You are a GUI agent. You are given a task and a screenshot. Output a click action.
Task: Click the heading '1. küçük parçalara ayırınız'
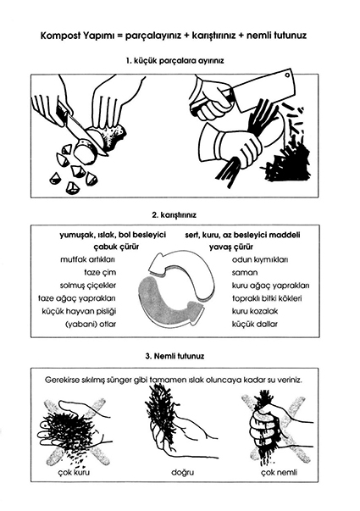[x=175, y=61]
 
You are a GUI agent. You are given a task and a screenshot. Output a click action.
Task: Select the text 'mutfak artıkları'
[x=87, y=259]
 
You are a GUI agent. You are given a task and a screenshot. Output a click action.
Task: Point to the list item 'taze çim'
[x=100, y=272]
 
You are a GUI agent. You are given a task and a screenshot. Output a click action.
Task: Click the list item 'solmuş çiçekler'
[x=88, y=286]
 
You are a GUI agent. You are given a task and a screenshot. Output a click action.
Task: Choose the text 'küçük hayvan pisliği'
[x=79, y=311]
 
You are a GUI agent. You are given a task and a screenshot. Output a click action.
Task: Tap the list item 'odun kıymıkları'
[x=260, y=259]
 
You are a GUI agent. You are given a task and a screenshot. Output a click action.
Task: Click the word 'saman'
[x=245, y=272]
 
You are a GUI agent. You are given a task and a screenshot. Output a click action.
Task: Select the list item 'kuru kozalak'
[x=255, y=311]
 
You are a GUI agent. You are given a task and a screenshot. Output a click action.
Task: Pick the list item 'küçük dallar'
[x=254, y=325]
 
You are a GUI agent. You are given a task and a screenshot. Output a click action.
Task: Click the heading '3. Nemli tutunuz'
[x=174, y=356]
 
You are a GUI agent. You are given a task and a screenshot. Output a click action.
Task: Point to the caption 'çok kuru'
[x=74, y=472]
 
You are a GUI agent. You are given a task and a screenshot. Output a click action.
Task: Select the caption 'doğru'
[x=183, y=472]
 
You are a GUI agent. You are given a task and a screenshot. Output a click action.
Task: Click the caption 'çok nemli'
[x=280, y=472]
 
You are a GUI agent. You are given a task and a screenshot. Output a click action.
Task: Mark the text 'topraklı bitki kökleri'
[x=267, y=298]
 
